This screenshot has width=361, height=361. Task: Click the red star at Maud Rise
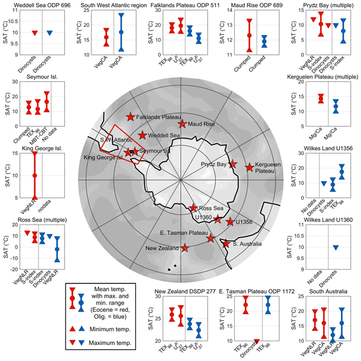coord(183,123)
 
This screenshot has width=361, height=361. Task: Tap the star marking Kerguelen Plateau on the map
coord(250,167)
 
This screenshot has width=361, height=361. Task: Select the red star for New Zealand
coord(184,248)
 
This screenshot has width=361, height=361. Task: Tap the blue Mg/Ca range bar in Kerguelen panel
coord(335,106)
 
